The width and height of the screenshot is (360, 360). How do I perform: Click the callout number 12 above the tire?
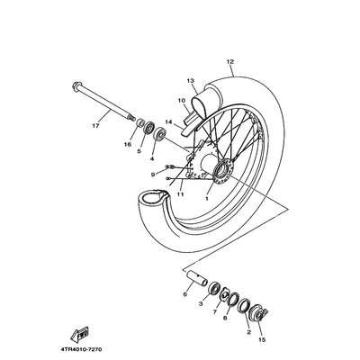pos(230,62)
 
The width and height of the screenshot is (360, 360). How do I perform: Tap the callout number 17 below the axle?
pos(95,126)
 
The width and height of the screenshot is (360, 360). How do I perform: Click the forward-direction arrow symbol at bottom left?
pos(79,334)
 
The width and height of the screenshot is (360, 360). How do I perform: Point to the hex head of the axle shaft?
pos(76,85)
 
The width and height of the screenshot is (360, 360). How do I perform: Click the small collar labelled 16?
pos(139,122)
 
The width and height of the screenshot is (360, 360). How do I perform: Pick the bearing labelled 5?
pos(148,128)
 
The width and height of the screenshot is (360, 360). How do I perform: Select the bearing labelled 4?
pos(158,134)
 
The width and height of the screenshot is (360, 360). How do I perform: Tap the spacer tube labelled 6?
pos(195,277)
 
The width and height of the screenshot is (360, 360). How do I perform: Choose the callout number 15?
pos(262,340)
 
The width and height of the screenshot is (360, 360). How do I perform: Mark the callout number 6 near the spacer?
pos(184,294)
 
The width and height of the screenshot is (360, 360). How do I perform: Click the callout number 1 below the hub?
pos(206,198)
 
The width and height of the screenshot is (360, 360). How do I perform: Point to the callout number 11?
pos(180,194)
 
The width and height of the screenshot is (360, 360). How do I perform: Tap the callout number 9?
pos(153,175)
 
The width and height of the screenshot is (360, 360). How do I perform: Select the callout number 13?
pos(190,81)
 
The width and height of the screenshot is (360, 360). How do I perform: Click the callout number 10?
pos(182,101)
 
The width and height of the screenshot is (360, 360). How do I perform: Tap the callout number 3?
pos(201,304)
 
